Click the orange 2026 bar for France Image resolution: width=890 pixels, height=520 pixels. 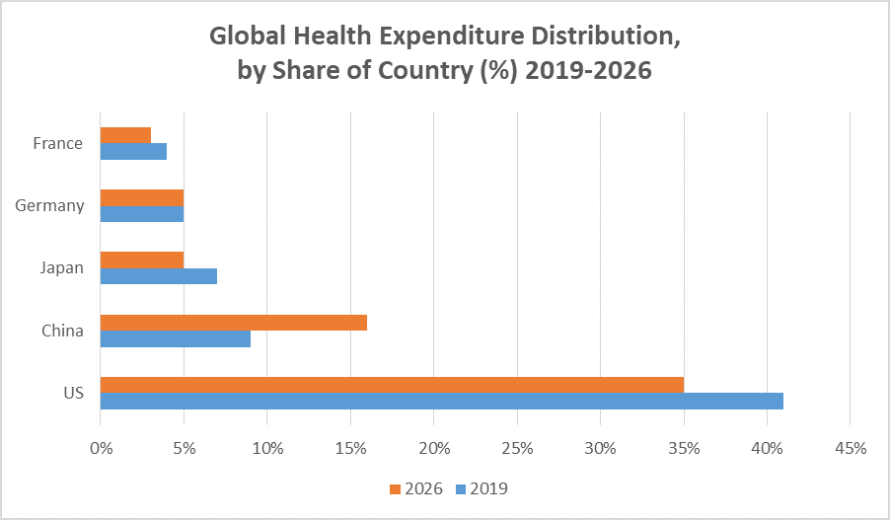click(125, 135)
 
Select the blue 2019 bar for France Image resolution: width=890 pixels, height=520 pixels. click(133, 151)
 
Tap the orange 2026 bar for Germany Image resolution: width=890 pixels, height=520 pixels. click(142, 197)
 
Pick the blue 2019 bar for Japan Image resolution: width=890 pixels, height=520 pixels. click(158, 275)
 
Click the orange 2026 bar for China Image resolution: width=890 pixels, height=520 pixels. click(234, 323)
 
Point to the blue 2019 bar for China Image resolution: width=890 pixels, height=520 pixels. click(176, 338)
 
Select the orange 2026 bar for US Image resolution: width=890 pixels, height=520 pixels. click(392, 385)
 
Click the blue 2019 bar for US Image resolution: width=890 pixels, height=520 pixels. click(442, 401)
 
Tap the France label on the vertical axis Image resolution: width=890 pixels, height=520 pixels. click(57, 143)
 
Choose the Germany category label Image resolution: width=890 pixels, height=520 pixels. click(50, 205)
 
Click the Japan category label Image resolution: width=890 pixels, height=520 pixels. click(62, 267)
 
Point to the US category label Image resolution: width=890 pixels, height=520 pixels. click(73, 393)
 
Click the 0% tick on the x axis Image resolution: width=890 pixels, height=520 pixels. click(101, 447)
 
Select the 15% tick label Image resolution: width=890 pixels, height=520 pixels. click(350, 447)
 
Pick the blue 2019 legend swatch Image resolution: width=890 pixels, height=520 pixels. click(459, 488)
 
